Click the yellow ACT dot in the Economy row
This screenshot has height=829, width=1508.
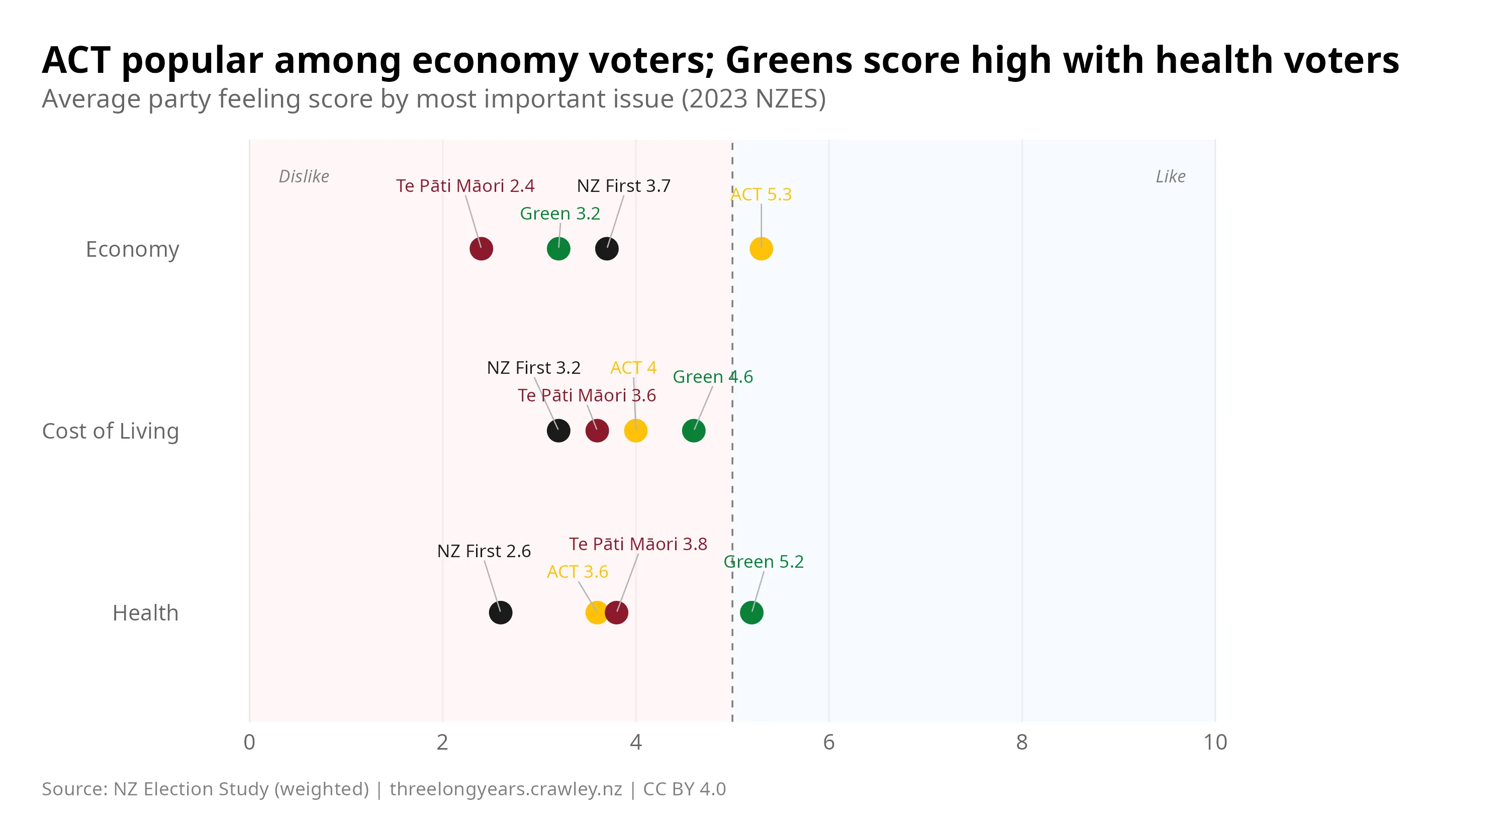point(761,249)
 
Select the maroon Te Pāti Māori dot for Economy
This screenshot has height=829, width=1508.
point(481,249)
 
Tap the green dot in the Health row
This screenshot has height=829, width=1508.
point(751,612)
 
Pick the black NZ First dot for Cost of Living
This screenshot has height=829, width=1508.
point(558,431)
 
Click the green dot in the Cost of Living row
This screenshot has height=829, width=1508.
point(694,431)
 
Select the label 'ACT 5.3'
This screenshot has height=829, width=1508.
point(761,194)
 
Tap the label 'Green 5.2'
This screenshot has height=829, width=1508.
point(764,562)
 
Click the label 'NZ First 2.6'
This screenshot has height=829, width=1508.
point(484,551)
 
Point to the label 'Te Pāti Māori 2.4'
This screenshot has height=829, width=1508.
point(465,186)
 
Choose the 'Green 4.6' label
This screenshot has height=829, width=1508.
point(712,377)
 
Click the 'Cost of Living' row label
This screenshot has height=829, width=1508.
point(110,431)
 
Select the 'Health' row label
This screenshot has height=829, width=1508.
point(145,613)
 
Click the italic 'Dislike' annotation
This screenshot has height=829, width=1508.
point(303,176)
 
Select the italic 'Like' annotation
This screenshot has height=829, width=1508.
point(1170,176)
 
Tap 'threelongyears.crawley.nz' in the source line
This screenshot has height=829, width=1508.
point(506,789)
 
